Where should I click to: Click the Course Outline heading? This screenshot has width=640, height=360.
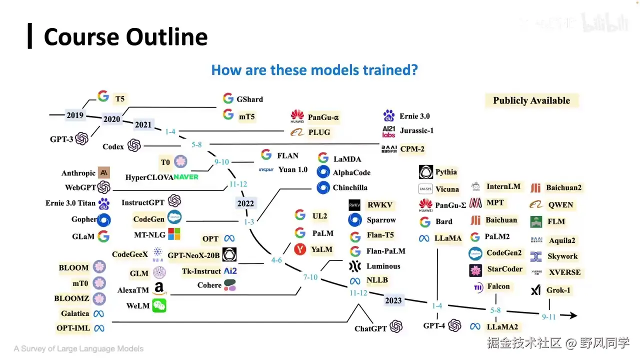point(125,37)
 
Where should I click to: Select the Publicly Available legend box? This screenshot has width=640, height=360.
point(531,100)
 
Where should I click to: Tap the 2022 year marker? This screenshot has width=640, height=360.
point(245,203)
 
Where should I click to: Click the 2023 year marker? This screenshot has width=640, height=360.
point(393,300)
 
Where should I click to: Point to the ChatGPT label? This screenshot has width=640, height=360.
point(370,328)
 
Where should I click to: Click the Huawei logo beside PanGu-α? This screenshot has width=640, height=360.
point(297,117)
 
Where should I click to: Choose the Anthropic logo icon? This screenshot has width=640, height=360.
point(104,173)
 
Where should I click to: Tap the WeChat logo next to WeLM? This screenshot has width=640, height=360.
point(159,305)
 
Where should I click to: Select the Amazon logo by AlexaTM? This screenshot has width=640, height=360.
point(159,289)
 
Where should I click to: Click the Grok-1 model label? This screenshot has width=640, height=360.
point(558,290)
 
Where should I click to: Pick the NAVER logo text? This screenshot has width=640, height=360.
point(186,177)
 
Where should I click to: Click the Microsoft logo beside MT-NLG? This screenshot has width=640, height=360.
point(174,234)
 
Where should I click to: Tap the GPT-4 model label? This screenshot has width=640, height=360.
point(434,325)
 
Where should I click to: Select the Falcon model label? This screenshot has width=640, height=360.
point(498,286)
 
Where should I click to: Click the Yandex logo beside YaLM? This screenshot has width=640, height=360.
point(300,249)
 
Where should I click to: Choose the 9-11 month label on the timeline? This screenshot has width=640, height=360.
point(549,316)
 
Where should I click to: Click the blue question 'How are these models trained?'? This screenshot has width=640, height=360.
point(314,69)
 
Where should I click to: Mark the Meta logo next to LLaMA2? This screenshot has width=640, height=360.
point(475,326)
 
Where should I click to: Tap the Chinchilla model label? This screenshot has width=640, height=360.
point(350,187)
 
